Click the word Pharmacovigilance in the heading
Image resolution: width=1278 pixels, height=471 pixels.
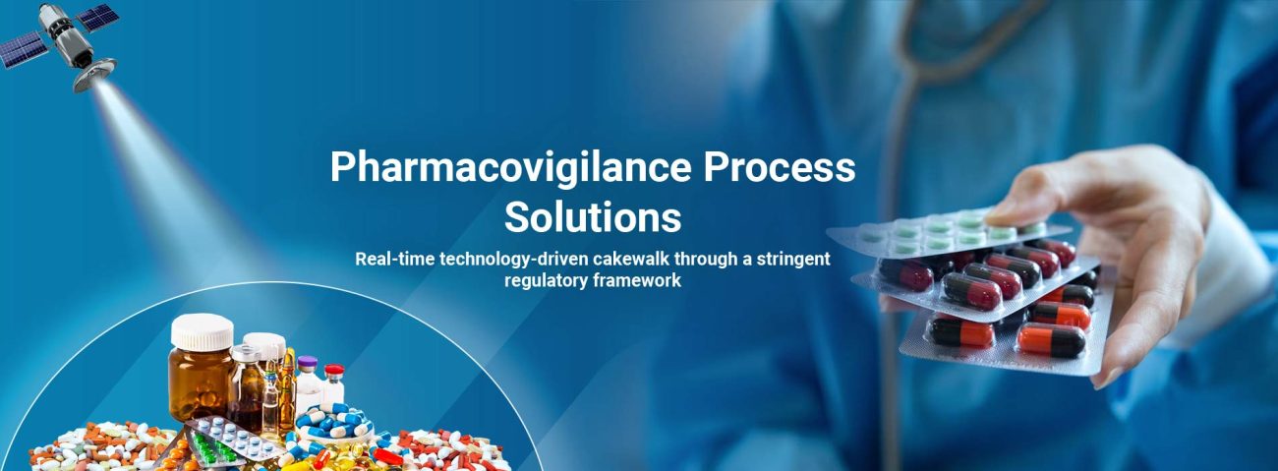pyautogui.click(x=510, y=168)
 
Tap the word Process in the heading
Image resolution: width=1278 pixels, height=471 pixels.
pyautogui.click(x=780, y=167)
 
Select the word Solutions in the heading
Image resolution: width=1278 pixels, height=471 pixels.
pyautogui.click(x=593, y=217)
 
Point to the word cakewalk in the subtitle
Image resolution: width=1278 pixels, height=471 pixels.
pyautogui.click(x=630, y=259)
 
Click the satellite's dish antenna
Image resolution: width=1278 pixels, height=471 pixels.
pyautogui.click(x=95, y=76)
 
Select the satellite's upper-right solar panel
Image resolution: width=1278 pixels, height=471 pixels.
pyautogui.click(x=98, y=17)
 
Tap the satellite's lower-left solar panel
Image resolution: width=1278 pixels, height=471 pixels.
pyautogui.click(x=23, y=50)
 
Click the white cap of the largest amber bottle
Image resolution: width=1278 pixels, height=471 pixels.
pyautogui.click(x=202, y=331)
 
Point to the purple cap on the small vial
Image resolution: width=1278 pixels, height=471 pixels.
pyautogui.click(x=308, y=364)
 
